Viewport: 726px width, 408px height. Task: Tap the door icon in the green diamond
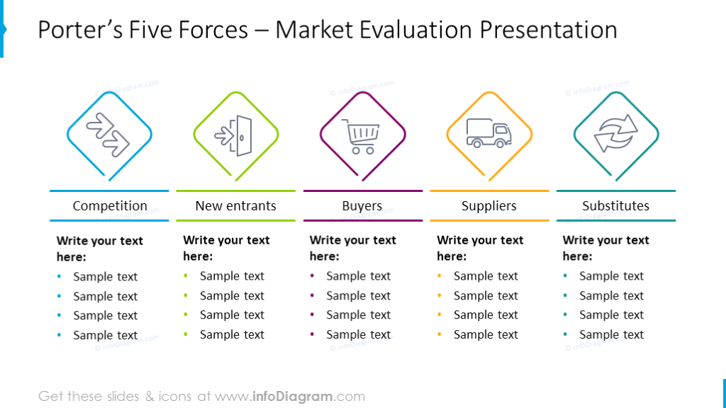[236, 134]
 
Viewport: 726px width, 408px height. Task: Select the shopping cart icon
[362, 135]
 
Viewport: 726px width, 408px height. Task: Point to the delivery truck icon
[488, 132]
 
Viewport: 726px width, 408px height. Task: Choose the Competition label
[110, 206]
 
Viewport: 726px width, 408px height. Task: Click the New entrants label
[236, 206]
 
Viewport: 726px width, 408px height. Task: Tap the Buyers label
[362, 206]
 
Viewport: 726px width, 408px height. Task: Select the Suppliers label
[489, 206]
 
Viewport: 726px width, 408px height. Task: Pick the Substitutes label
[615, 206]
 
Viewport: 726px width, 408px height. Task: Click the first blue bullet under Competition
[59, 277]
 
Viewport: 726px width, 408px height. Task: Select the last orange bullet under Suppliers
[440, 334]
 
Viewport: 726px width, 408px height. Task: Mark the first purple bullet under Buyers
[313, 276]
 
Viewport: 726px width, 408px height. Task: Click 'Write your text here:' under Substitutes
[605, 248]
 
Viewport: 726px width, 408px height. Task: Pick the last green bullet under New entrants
[186, 334]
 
